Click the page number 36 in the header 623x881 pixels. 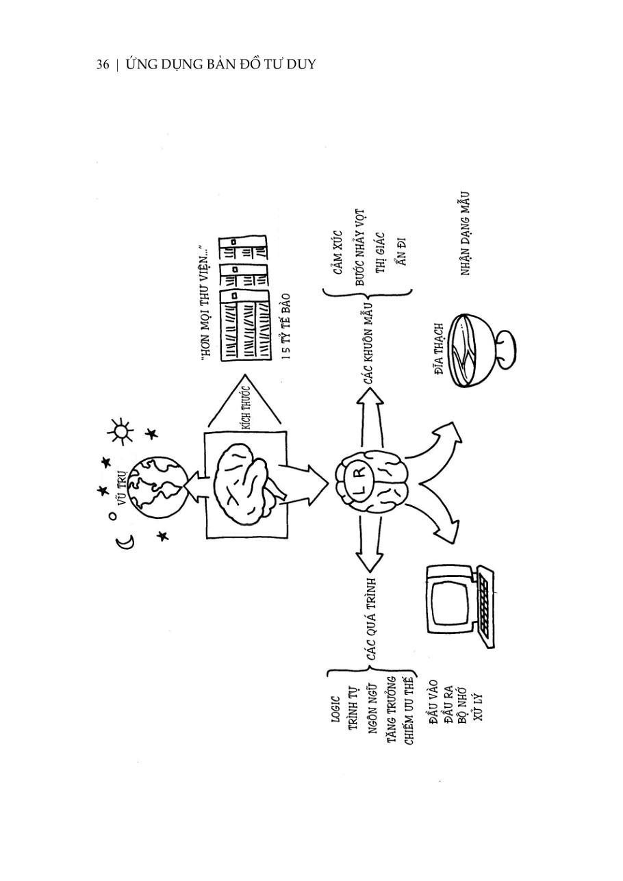pos(103,65)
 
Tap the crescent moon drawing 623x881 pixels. pos(125,542)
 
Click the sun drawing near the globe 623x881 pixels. pos(121,431)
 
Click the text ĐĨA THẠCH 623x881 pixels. pos(439,349)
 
